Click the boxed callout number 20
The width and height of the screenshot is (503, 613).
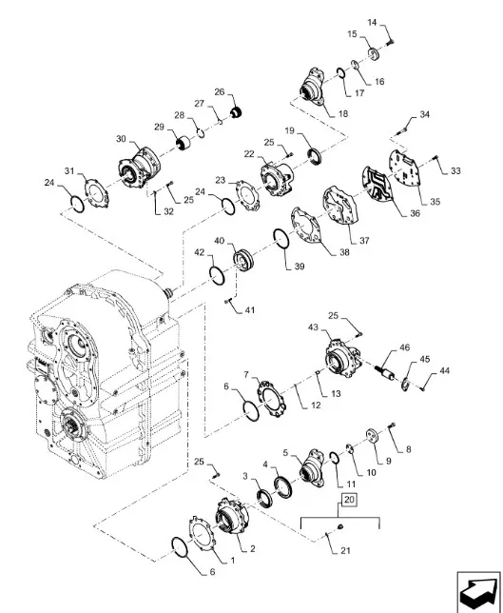pyautogui.click(x=350, y=499)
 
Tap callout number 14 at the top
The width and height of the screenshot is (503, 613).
pyautogui.click(x=372, y=23)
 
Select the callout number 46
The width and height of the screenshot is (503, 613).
pyautogui.click(x=405, y=347)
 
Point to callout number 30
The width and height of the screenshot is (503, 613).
pyautogui.click(x=121, y=139)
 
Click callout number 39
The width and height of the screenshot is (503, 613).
pyautogui.click(x=300, y=267)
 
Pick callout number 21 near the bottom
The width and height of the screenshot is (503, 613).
pyautogui.click(x=345, y=550)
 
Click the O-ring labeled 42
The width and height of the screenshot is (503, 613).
pyautogui.click(x=217, y=276)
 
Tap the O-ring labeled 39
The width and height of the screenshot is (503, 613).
pyautogui.click(x=281, y=239)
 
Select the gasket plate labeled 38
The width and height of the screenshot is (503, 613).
pyautogui.click(x=306, y=226)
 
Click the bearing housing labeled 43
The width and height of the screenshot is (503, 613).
pyautogui.click(x=341, y=359)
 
